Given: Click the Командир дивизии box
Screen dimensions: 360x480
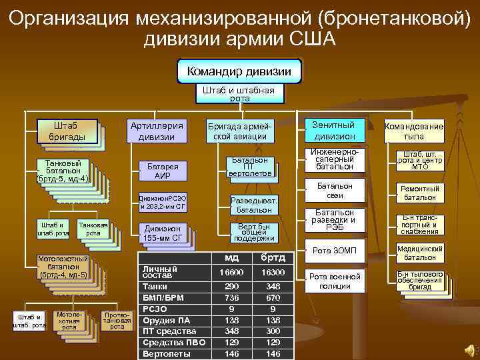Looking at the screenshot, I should pos(239,71).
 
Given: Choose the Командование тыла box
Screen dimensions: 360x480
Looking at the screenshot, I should pos(413,131).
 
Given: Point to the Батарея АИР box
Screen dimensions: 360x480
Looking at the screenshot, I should pos(162,171).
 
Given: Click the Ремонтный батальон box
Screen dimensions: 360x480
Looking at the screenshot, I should pos(419,193).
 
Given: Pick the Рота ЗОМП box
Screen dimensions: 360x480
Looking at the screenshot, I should pos(331,250).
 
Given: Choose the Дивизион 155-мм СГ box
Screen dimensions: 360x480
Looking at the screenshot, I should pos(162,233).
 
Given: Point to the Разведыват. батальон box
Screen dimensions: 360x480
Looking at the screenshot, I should pos(253,205).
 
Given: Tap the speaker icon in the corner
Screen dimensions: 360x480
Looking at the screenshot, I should pos(468,349).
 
